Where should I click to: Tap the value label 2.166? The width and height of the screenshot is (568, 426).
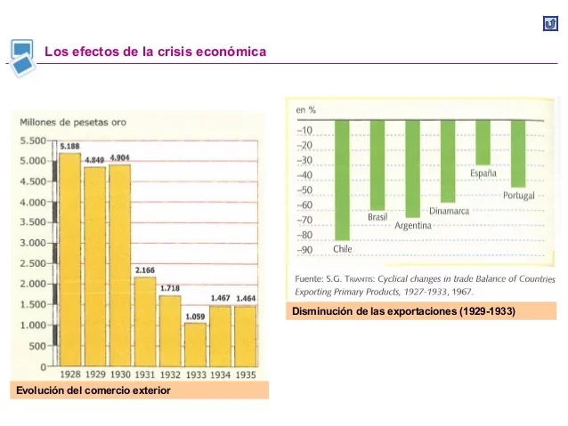click(x=145, y=269)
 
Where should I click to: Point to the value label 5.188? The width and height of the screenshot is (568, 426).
click(x=69, y=144)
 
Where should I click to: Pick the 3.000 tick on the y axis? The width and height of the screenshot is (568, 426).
click(x=32, y=243)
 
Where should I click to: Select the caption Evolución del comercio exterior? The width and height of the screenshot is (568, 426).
click(x=93, y=390)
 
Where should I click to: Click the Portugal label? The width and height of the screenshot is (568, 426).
click(x=518, y=195)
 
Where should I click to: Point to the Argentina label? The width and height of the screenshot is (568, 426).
click(x=413, y=226)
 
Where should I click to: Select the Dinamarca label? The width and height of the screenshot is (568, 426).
click(x=449, y=211)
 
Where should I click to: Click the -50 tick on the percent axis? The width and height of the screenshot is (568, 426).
click(x=304, y=190)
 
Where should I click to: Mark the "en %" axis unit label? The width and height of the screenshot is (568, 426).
click(x=305, y=110)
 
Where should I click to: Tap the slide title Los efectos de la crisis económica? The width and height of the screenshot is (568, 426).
click(x=155, y=52)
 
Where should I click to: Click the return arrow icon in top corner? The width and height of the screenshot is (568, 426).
click(x=549, y=24)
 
